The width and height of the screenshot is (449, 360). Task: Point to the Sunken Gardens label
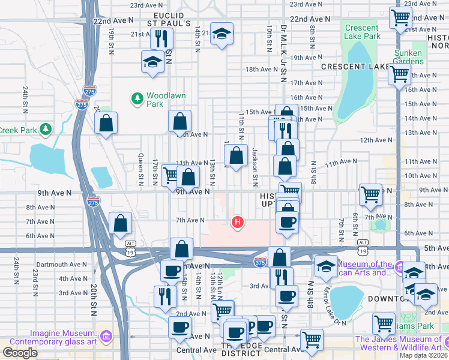click(408, 57)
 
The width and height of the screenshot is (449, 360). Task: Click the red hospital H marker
click(238, 223)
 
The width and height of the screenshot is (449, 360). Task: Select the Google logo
click(20, 353)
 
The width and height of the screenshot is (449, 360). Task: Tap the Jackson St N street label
click(255, 165)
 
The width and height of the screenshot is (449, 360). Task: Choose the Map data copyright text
click(423, 355)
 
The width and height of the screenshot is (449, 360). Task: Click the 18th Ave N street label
click(261, 70)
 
